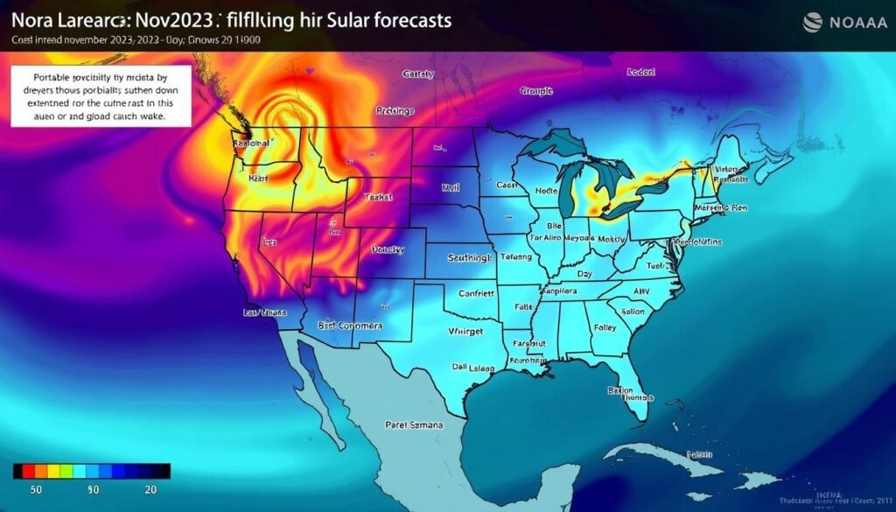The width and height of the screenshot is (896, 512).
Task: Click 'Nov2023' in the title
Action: coord(165,19)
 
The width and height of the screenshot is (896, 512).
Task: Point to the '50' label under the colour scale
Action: coord(38,488)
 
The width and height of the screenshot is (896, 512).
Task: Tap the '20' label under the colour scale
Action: coord(150,488)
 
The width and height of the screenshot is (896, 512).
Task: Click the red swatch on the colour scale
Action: coord(26,472)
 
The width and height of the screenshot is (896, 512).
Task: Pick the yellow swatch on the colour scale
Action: coord(53,472)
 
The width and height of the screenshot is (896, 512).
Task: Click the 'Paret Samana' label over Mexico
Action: coord(414,424)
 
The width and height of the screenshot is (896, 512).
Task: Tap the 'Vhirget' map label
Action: coord(467,331)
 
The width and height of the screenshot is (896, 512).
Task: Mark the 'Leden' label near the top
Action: coord(642,73)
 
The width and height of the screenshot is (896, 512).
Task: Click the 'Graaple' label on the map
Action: coord(537,90)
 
